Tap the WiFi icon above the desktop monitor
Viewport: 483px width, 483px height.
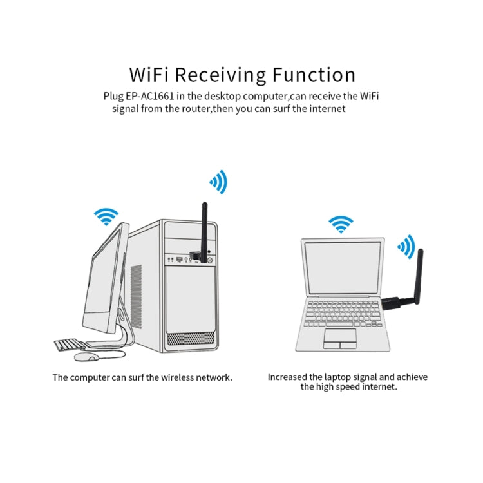(x=106, y=216)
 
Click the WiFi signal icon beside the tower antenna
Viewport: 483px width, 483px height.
(x=219, y=182)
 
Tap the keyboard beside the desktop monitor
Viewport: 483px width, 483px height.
(x=67, y=345)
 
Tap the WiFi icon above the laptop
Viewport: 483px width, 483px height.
(x=341, y=224)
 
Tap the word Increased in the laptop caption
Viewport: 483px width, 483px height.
(x=288, y=377)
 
